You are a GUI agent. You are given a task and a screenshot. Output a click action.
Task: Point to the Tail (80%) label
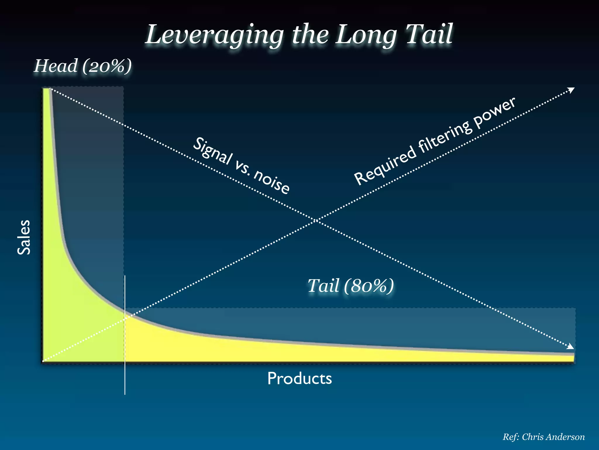tap(351, 286)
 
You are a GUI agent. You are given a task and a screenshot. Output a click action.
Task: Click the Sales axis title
tap(24, 237)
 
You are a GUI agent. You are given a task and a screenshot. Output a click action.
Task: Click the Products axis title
tap(299, 378)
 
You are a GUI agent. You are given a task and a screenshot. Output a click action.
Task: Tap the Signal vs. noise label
tap(241, 165)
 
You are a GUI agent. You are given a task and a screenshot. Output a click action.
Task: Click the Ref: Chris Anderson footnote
tap(543, 437)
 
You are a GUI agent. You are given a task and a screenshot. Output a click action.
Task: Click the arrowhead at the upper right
tap(572, 90)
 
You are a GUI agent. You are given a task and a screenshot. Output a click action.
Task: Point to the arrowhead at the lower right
tap(571, 347)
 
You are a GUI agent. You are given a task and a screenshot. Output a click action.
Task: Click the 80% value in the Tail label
tap(369, 286)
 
